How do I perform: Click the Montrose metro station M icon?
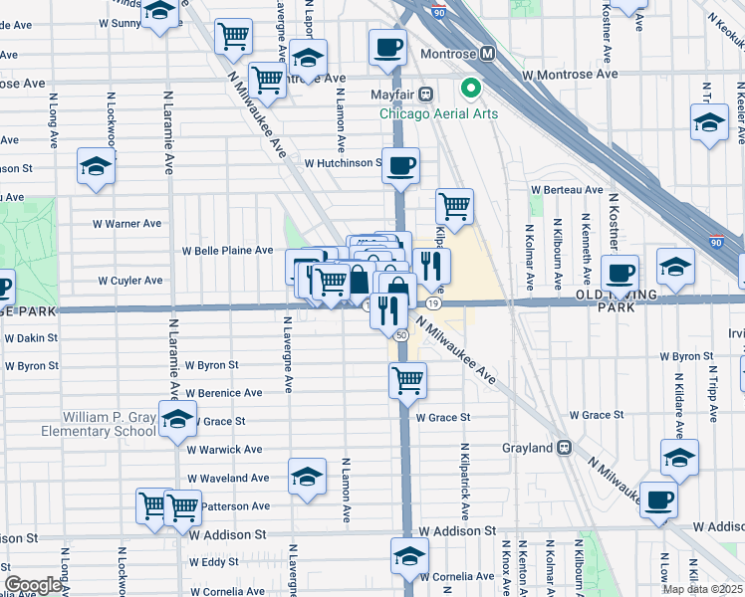click(x=488, y=54)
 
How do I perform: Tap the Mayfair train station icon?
click(x=425, y=95)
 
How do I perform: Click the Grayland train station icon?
click(x=564, y=448)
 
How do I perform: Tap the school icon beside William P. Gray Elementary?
click(x=177, y=423)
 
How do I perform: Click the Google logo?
click(x=34, y=585)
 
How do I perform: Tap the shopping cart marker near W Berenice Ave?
click(x=407, y=379)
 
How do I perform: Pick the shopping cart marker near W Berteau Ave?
click(x=454, y=206)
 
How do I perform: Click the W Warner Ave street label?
click(x=125, y=224)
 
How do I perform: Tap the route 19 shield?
click(x=433, y=301)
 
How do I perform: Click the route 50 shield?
click(x=400, y=336)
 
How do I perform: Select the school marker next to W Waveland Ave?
click(x=307, y=478)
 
